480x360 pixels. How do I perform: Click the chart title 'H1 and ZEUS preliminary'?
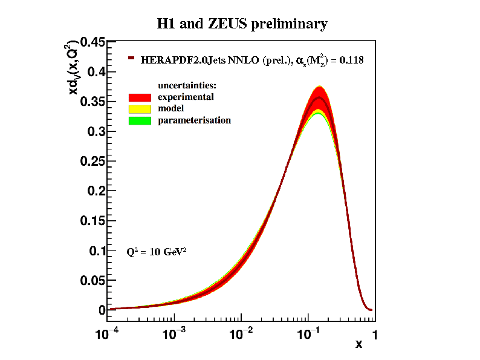(x=242, y=24)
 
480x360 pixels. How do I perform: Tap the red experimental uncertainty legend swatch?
(x=139, y=97)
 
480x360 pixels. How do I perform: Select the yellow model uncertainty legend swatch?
(x=139, y=109)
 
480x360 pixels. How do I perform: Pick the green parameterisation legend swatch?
(x=139, y=120)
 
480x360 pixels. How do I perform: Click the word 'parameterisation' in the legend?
(x=194, y=120)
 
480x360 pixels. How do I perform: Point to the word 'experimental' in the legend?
(x=186, y=97)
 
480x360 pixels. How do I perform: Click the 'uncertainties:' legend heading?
(x=187, y=85)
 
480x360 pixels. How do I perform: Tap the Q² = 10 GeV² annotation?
(x=156, y=251)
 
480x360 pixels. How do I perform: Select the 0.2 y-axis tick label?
(x=97, y=191)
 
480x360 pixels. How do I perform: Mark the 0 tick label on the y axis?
(x=102, y=310)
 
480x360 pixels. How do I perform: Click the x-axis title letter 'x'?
(x=358, y=344)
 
